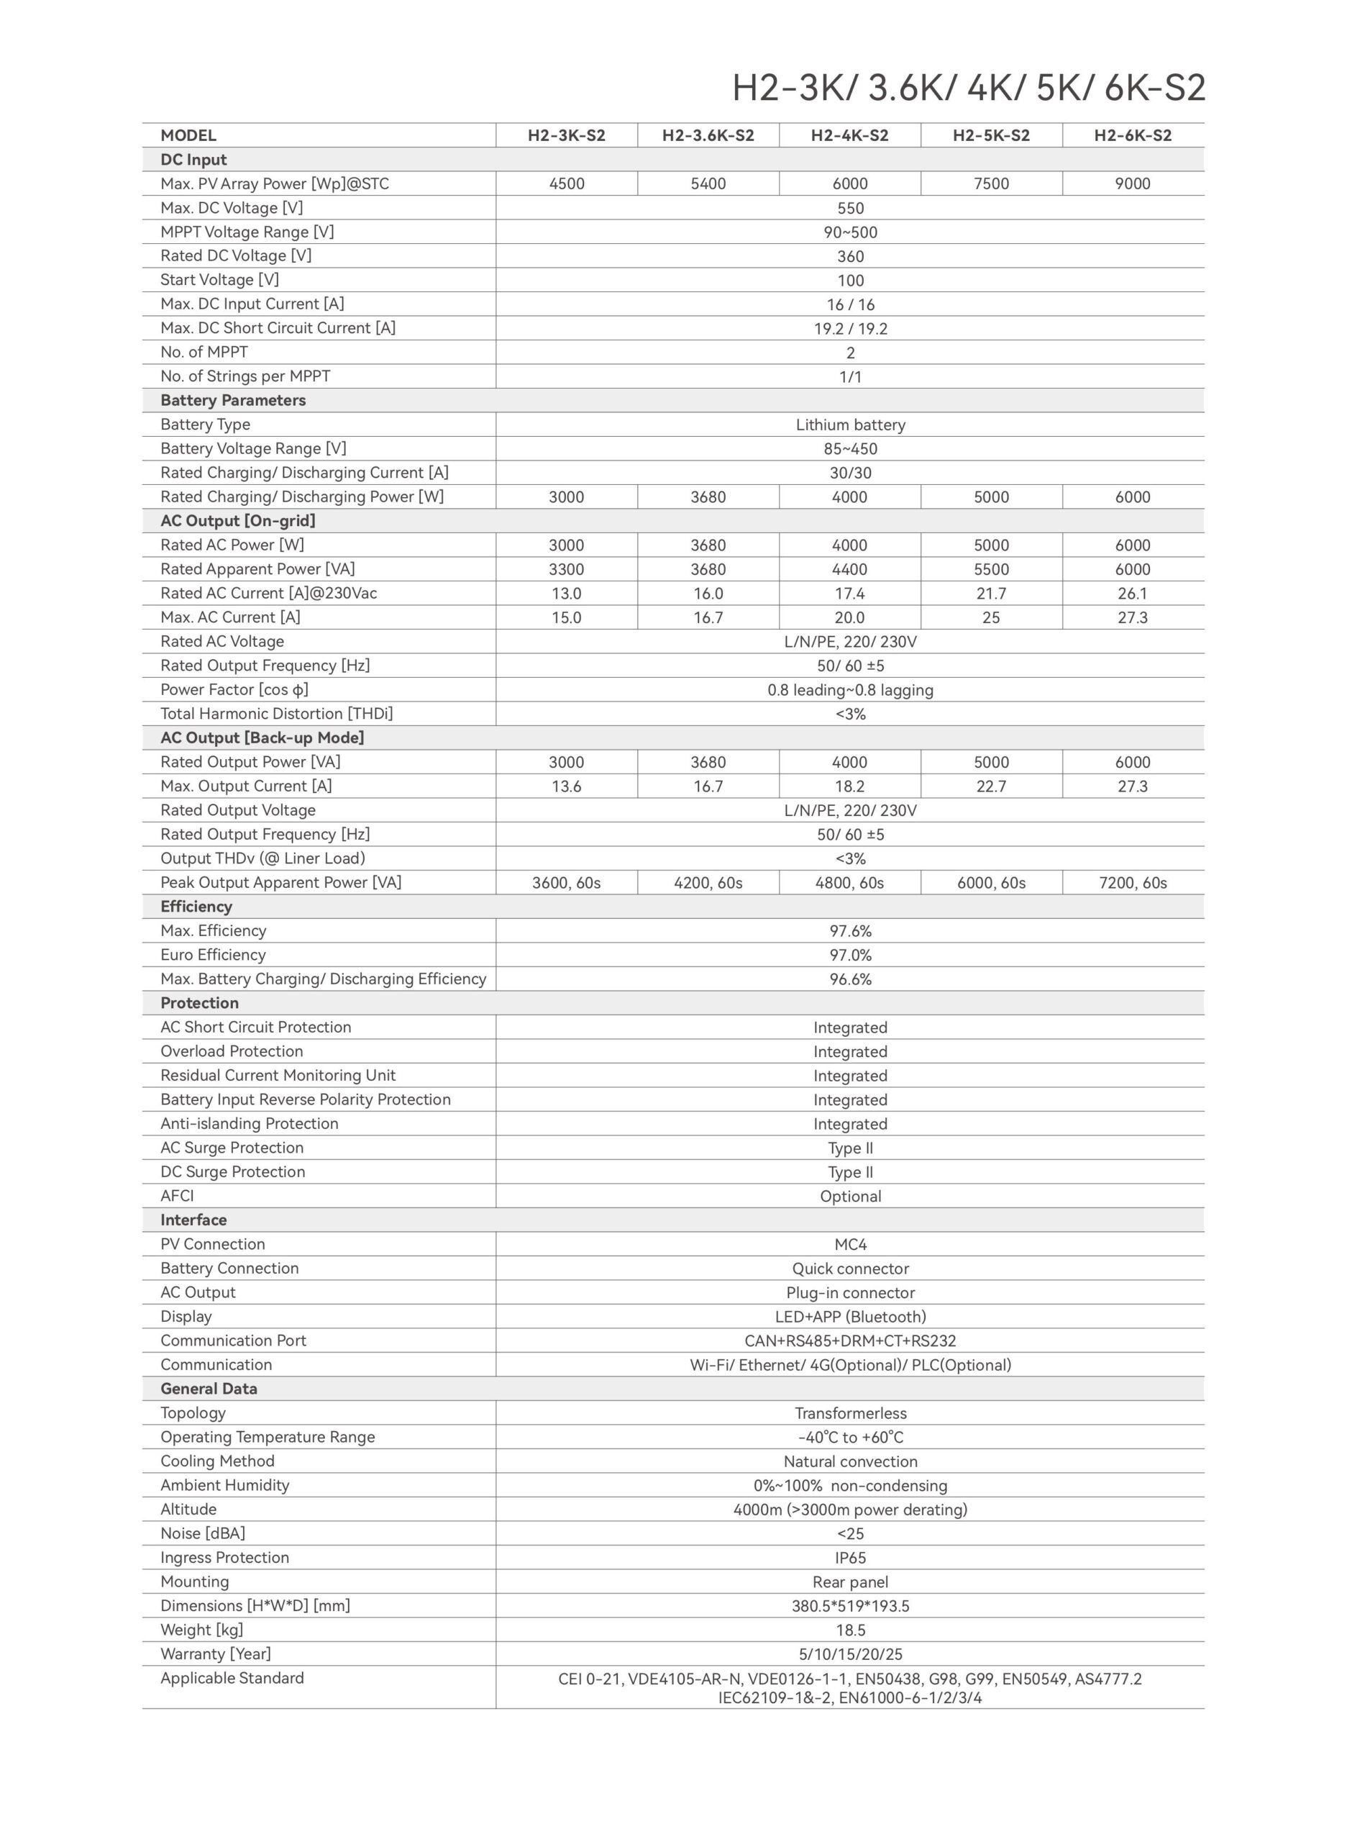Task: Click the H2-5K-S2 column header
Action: click(991, 135)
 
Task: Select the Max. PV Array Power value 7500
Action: click(991, 183)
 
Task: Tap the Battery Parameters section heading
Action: click(232, 401)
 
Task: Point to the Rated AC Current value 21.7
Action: click(991, 594)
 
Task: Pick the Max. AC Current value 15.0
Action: click(566, 617)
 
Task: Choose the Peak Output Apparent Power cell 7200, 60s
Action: click(1133, 883)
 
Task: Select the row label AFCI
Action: click(177, 1196)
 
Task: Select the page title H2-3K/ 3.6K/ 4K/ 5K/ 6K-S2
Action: click(968, 88)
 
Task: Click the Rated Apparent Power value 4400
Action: click(849, 569)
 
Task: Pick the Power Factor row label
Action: click(234, 690)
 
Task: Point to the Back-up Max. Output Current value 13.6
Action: click(566, 786)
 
